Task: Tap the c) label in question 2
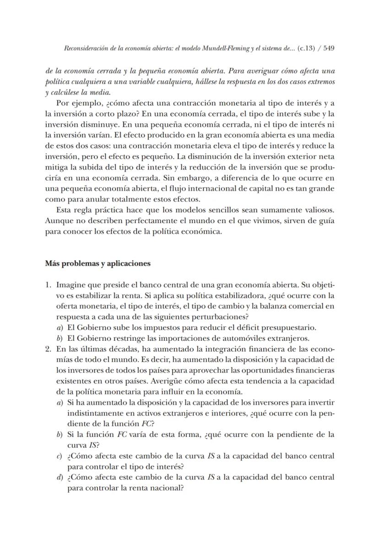click(59, 456)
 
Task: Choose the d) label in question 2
click(59, 478)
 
